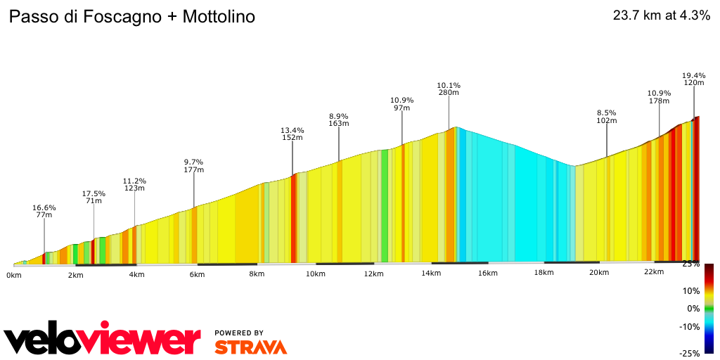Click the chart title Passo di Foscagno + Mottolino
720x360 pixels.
point(131,16)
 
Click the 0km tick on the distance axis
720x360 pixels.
point(14,274)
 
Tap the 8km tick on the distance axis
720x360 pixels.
point(256,274)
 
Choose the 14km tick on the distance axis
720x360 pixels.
point(431,274)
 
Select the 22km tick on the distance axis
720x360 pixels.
point(654,272)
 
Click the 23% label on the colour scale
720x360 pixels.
point(690,264)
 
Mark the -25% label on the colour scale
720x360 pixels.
point(689,353)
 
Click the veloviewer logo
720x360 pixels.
point(102,340)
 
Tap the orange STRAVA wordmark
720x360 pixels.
point(250,347)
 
